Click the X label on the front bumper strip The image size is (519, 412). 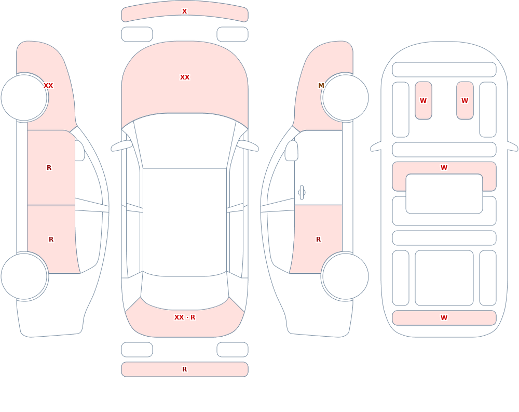(x=184, y=11)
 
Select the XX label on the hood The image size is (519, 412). (x=185, y=77)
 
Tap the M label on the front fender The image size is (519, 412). (x=321, y=86)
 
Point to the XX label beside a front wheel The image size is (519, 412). (x=48, y=86)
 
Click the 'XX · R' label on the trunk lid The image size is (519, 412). (x=185, y=317)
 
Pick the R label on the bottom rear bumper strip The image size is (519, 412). (x=184, y=369)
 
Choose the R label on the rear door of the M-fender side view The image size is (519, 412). (x=319, y=240)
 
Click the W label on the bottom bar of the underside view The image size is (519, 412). (x=444, y=318)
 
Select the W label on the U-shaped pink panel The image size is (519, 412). (x=444, y=168)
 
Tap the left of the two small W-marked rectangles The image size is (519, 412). (x=424, y=100)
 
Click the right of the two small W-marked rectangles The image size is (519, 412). (x=465, y=100)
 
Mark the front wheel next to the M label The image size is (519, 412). (x=345, y=98)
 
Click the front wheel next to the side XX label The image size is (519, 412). (x=24, y=98)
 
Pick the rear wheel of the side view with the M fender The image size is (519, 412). (x=345, y=276)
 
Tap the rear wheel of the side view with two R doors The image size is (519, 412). (x=24, y=276)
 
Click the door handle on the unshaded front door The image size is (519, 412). (x=302, y=193)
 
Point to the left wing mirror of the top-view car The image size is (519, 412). (x=121, y=146)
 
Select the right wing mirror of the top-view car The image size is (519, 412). (x=248, y=146)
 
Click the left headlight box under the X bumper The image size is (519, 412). (x=137, y=34)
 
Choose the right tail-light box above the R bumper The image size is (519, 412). (x=233, y=350)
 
